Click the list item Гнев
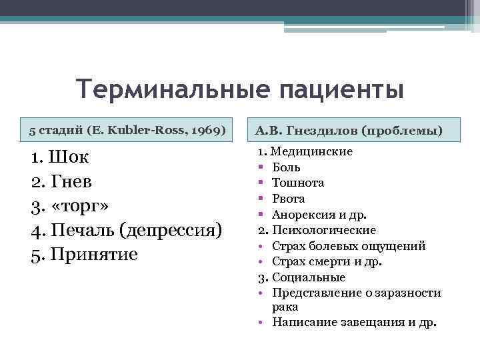click(x=71, y=181)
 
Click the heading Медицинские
click(x=311, y=151)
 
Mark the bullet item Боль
click(x=287, y=167)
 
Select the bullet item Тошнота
click(x=298, y=183)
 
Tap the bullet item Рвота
click(x=289, y=199)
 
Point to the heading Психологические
click(x=323, y=230)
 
